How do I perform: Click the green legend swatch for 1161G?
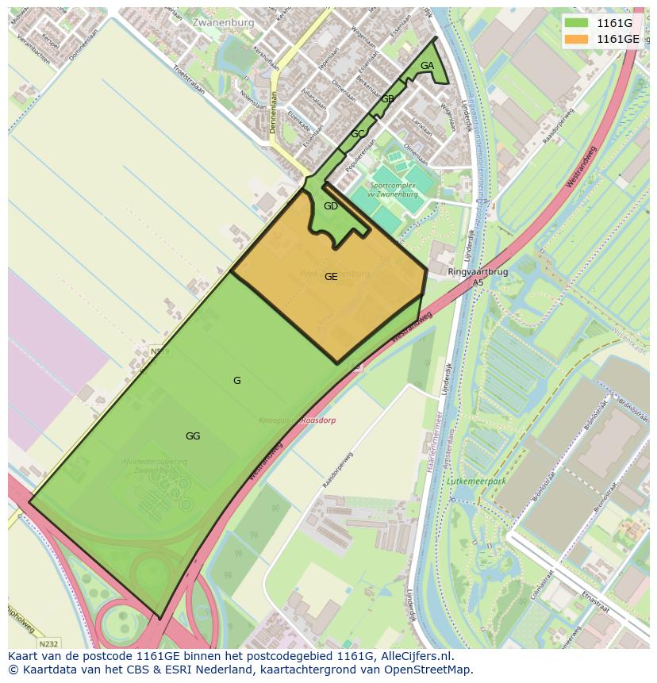(576, 22)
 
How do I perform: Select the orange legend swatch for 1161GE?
(576, 38)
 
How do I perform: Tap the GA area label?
(427, 66)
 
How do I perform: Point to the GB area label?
(387, 99)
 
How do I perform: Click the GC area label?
(358, 134)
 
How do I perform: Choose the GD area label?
(331, 206)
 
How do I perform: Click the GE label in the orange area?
(331, 277)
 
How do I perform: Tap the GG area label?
(193, 436)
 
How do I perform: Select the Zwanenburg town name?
(223, 23)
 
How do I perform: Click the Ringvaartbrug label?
(477, 271)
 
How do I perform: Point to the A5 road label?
(478, 282)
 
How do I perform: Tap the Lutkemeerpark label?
(477, 481)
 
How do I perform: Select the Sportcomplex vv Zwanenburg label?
(393, 190)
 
